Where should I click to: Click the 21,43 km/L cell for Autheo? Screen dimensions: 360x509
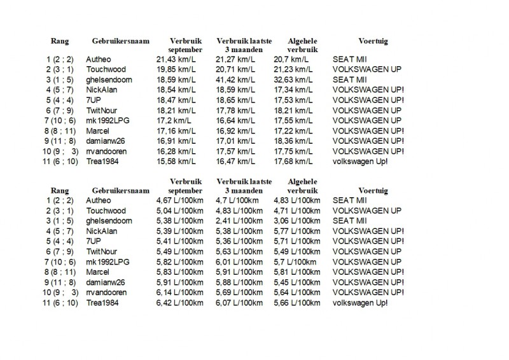[x=174, y=59]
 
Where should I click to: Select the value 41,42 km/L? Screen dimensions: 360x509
[x=234, y=79]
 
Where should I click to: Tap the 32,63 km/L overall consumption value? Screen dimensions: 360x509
[x=293, y=79]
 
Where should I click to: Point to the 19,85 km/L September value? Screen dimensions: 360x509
[x=174, y=69]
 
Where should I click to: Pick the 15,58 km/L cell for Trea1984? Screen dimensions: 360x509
[x=174, y=161]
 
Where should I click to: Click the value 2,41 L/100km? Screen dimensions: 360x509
[x=239, y=221]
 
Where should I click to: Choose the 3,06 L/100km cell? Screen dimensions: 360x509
[x=297, y=221]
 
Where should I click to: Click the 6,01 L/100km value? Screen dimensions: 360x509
[x=239, y=261]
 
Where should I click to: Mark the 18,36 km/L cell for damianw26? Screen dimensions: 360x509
[x=293, y=141]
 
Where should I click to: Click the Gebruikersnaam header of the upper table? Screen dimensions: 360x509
[x=120, y=41]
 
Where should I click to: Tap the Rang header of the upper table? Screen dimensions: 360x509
[x=60, y=41]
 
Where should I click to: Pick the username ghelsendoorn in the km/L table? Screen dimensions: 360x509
[x=107, y=79]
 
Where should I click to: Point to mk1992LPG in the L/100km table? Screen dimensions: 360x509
[x=105, y=261]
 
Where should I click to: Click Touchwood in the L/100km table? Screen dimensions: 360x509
[x=106, y=211]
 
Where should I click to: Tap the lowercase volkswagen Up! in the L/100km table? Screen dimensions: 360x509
[x=359, y=303]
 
